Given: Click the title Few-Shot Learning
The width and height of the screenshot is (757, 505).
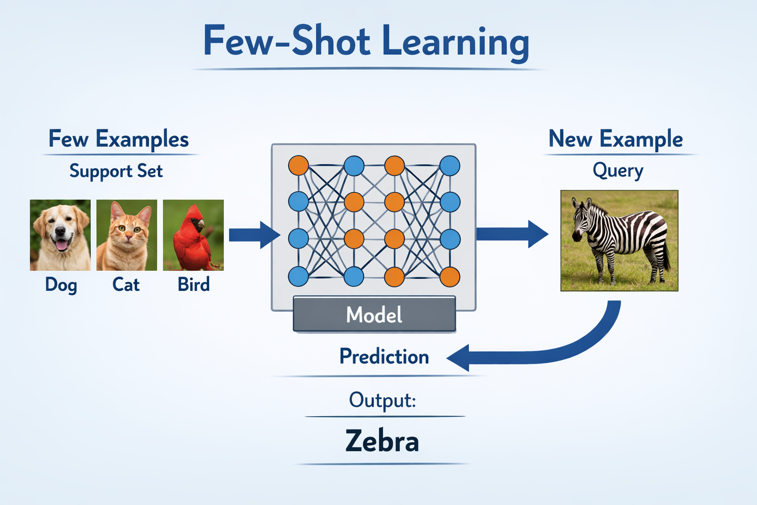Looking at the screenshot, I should coord(366,42).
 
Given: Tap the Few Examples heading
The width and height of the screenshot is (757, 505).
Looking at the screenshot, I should coord(119,139).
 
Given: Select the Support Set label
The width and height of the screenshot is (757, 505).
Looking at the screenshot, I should coord(116,171).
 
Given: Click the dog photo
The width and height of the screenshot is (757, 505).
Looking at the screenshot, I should coord(60,235).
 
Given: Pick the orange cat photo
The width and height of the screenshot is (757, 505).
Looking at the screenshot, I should coord(127,235).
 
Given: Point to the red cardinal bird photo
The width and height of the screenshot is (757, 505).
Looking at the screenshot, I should coord(193,235).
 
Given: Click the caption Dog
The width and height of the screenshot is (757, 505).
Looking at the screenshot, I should coord(61,285).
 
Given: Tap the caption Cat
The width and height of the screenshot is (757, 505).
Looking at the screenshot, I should coord(126,285).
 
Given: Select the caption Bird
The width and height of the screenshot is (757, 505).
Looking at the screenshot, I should coord(194,285).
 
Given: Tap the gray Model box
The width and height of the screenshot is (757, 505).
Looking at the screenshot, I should coord(374,314).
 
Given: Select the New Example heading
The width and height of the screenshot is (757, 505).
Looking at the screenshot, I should coord(616,139).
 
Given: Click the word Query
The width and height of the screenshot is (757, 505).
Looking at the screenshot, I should coord(618,171).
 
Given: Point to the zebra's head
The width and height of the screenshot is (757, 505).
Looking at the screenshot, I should coord(582,217).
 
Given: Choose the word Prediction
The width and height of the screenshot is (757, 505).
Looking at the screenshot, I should coord(384,357).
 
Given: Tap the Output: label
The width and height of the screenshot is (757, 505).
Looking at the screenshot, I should coord(382,400).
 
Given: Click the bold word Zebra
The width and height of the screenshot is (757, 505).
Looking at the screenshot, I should coord(382,441).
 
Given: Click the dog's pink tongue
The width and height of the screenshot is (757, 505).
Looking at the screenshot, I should coord(62,245).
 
